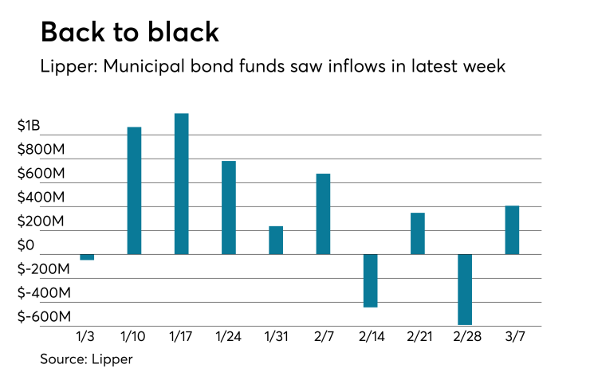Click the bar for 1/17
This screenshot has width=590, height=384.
pos(181,184)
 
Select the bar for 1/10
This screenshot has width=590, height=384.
pos(134,190)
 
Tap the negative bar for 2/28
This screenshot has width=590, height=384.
pos(465,289)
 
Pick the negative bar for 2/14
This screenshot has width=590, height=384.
pos(370,280)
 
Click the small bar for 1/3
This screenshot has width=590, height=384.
pos(87,257)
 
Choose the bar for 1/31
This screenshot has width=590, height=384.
pos(276,240)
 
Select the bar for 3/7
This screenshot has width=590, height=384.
pos(512,230)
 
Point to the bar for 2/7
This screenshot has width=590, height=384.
pos(323,214)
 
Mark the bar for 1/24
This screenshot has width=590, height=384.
pos(229,207)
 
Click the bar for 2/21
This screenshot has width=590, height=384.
pos(418,233)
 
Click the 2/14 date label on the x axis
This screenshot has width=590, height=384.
pos(370,338)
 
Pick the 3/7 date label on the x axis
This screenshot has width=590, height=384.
pos(512,338)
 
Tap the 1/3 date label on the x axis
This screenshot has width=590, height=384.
pos(87,338)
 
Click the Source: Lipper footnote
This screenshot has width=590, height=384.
pos(86,359)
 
